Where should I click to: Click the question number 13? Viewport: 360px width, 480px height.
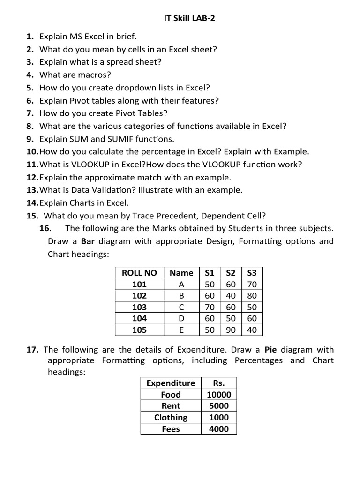(32, 190)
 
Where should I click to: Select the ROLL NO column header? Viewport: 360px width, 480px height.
(139, 273)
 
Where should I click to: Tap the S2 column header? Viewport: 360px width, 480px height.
(231, 273)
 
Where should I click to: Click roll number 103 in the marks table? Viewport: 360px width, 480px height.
(139, 307)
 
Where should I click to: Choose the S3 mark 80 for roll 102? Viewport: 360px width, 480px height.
(252, 296)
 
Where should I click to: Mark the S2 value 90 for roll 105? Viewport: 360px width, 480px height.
(231, 330)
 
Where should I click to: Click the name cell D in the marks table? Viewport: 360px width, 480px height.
(181, 319)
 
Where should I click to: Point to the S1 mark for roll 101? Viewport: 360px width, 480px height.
(210, 285)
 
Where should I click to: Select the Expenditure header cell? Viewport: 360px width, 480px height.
(171, 383)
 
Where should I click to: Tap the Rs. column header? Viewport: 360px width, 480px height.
(219, 383)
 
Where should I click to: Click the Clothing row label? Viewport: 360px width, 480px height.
(171, 417)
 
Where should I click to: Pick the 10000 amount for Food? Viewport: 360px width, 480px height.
(219, 395)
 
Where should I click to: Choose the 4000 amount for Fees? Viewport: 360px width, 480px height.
(219, 429)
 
